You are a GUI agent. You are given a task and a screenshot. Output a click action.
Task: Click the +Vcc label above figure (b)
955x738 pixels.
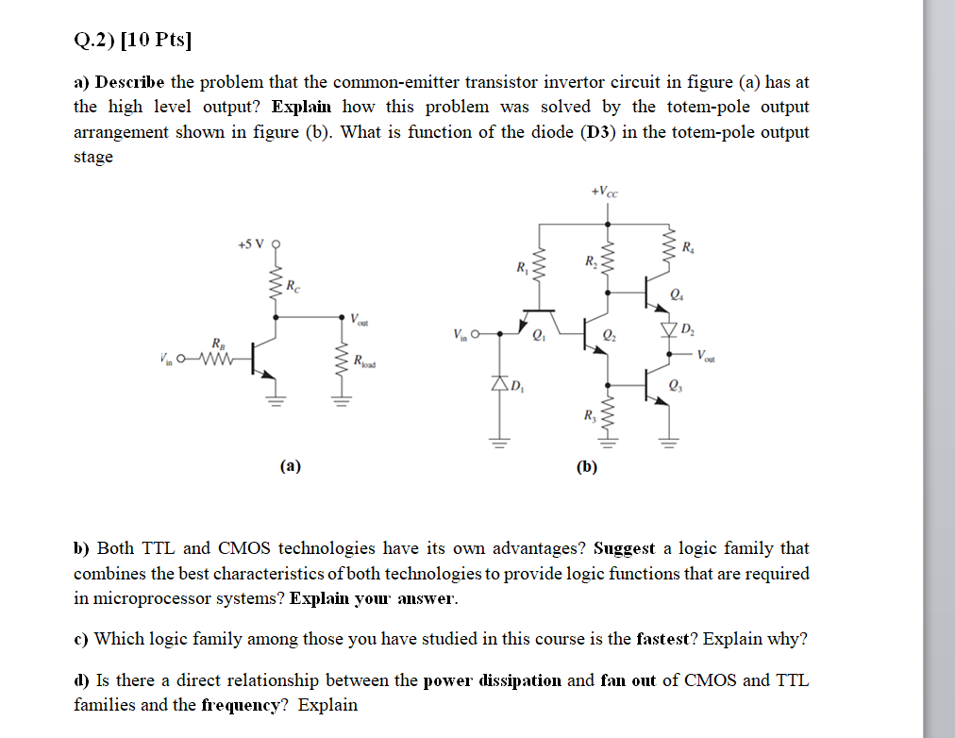(x=605, y=192)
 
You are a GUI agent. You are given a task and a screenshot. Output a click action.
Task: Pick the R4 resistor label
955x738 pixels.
(x=691, y=249)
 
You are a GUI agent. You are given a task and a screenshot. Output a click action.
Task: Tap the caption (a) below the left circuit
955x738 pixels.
(x=291, y=464)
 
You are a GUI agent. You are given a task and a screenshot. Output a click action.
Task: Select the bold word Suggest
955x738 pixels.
(x=624, y=548)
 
